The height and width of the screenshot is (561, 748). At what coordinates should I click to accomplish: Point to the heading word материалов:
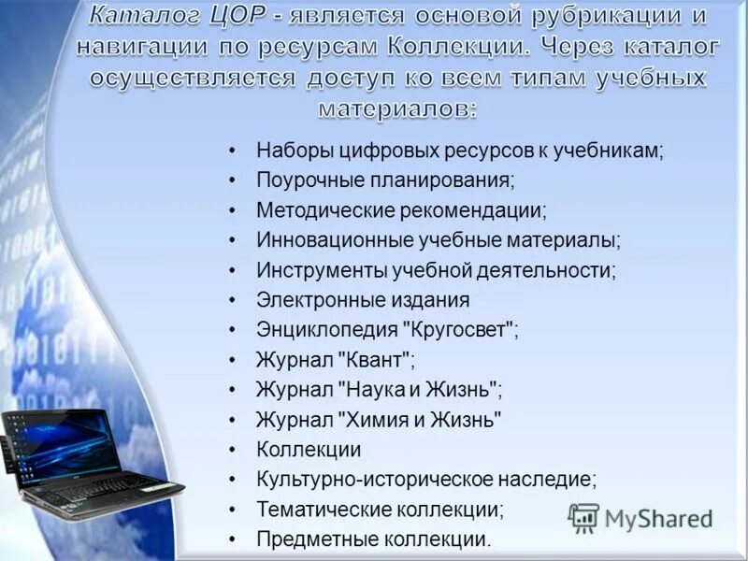click(397, 108)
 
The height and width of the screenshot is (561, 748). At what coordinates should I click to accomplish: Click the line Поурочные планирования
click(385, 179)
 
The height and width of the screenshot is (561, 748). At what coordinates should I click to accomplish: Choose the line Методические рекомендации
click(402, 209)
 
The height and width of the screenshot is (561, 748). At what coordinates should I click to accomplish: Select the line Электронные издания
click(363, 300)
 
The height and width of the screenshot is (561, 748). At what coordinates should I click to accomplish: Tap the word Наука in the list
click(371, 390)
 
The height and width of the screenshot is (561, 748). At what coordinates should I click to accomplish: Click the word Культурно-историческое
click(352, 479)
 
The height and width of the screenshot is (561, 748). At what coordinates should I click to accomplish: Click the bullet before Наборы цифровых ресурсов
click(232, 150)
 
